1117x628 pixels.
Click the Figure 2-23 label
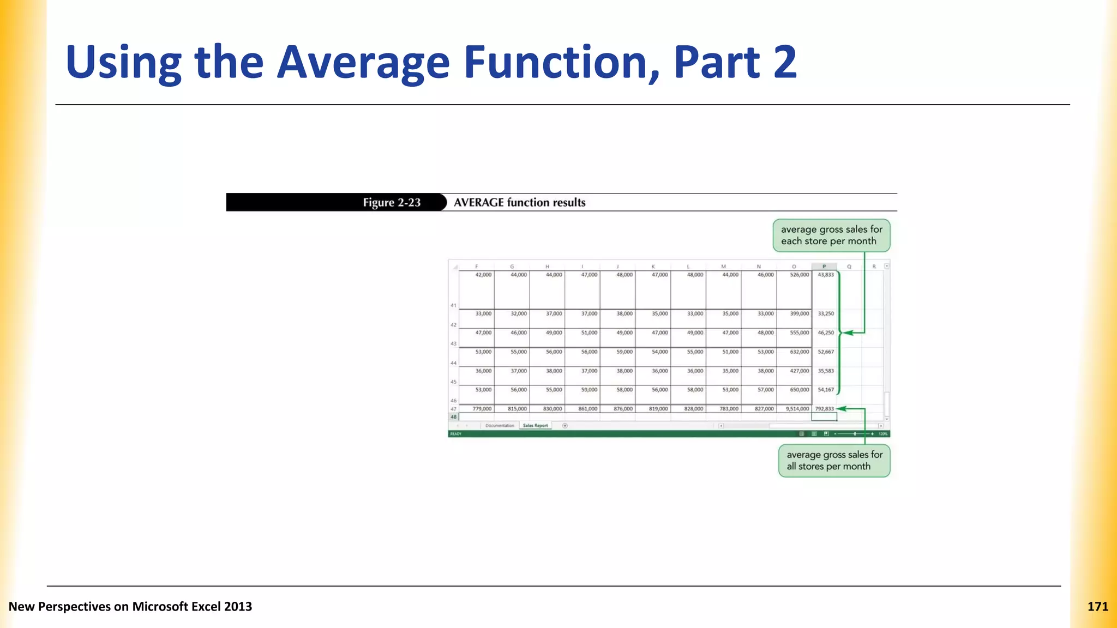(x=392, y=202)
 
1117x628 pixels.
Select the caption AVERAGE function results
(x=519, y=202)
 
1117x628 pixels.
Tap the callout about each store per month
(x=831, y=235)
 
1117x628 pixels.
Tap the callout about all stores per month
(x=834, y=461)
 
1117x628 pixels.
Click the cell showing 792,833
(x=824, y=409)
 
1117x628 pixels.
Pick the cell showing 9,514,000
(x=797, y=409)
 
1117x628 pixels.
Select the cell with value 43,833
(x=825, y=275)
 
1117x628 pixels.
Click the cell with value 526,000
(x=799, y=275)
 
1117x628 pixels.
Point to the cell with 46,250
(x=825, y=333)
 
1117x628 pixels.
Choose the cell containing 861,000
(x=587, y=409)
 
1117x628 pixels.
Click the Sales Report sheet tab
(x=535, y=426)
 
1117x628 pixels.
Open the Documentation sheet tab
(x=500, y=426)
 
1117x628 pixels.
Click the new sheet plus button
(x=565, y=426)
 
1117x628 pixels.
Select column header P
(x=824, y=267)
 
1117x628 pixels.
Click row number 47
(x=453, y=409)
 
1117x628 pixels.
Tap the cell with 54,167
(x=825, y=390)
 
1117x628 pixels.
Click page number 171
(x=1097, y=607)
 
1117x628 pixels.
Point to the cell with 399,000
(x=799, y=314)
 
